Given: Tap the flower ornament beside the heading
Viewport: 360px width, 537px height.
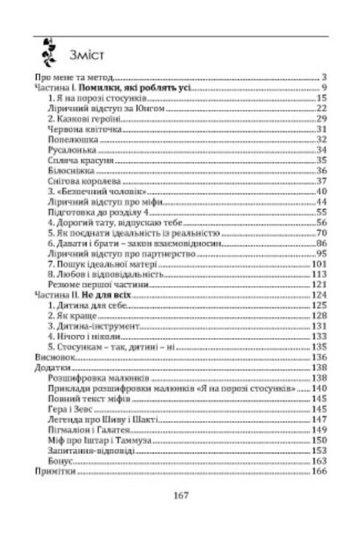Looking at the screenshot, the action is coord(49,48).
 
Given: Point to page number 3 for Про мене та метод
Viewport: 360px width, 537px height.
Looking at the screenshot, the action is coord(323,76).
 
